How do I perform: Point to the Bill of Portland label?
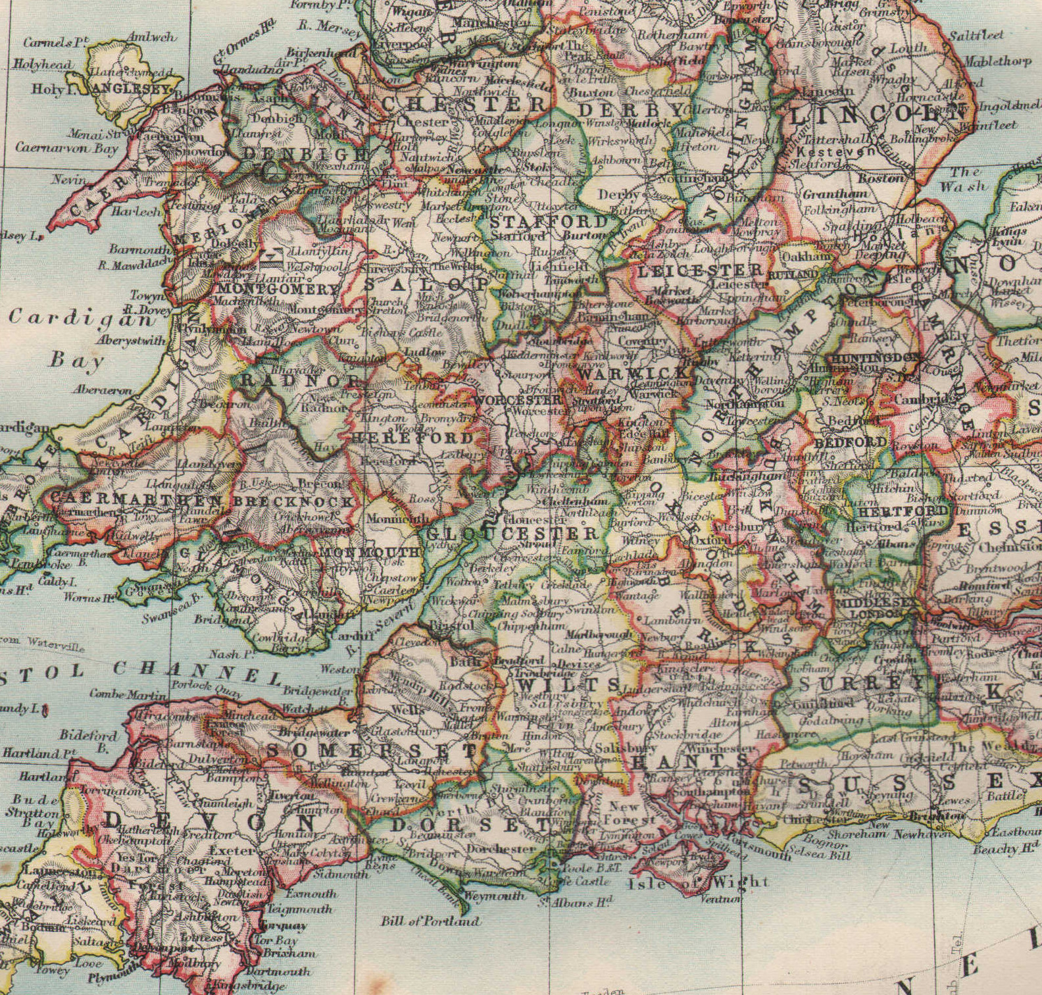430,921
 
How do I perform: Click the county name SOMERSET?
372,750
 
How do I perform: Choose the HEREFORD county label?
412,438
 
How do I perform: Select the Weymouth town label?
494,896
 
